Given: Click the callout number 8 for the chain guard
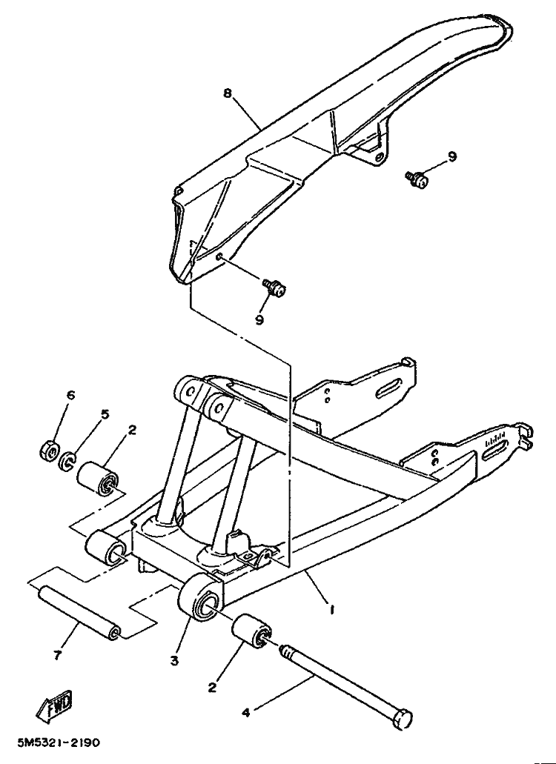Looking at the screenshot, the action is pos(228,93).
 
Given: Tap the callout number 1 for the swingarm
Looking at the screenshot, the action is pos(332,609).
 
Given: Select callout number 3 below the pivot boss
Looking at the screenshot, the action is pos(174,661).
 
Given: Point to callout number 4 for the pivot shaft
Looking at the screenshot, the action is pos(245,713).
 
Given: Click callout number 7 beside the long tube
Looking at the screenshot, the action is pos(58,655).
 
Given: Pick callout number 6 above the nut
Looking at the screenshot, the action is pos(71,395).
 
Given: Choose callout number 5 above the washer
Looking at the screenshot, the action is pos(105,414).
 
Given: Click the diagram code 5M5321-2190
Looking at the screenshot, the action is pos(59,743).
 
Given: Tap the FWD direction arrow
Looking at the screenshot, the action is pos(54,705).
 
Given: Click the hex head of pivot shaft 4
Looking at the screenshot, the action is pos(402,718).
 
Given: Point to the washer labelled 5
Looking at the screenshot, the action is pos(66,461).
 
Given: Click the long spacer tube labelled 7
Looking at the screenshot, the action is pos(79,612).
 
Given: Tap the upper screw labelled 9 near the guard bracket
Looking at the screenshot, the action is pos(417,179).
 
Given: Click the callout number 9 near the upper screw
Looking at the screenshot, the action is pos(452,156).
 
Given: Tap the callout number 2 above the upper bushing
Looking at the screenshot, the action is pos(132,431).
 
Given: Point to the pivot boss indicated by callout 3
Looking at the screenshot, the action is pos(201,597).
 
